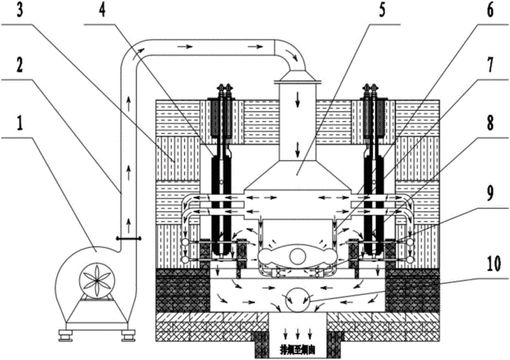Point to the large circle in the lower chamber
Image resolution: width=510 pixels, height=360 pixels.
[295, 295]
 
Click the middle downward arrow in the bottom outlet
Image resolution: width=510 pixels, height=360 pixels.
[295, 334]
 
